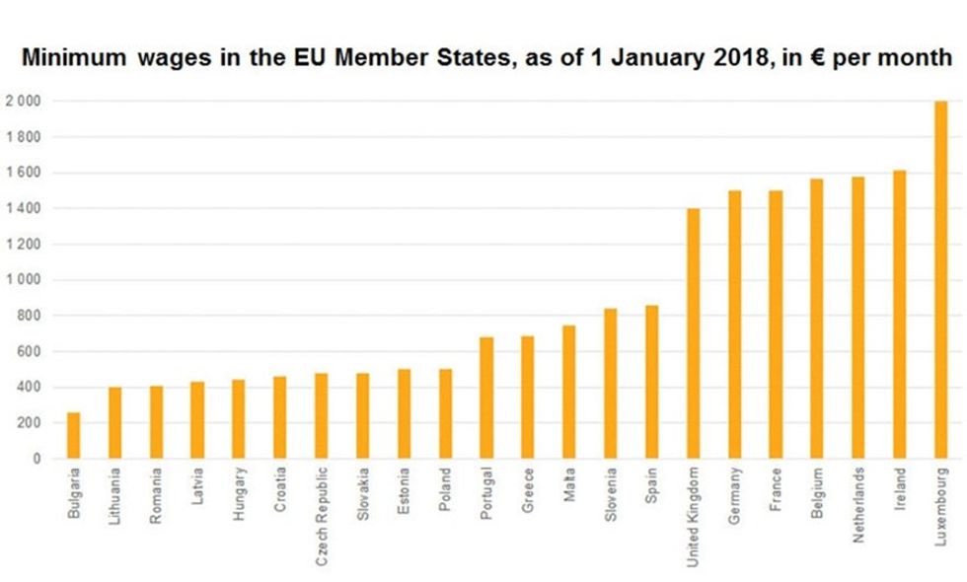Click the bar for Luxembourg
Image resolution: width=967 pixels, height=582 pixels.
[940, 280]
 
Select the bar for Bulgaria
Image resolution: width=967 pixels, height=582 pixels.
[74, 435]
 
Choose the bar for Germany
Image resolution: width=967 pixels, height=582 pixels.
[734, 325]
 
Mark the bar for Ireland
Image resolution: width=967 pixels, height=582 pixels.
[899, 315]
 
